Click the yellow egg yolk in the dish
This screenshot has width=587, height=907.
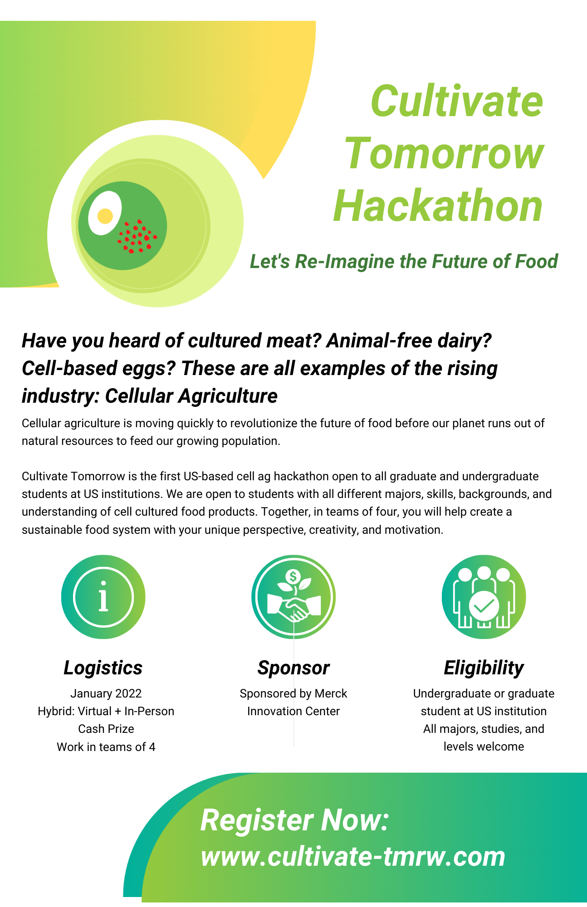tap(105, 216)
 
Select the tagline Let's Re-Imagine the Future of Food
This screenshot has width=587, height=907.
tap(404, 261)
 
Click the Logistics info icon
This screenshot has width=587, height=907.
tap(103, 597)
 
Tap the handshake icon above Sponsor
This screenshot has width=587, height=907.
tap(293, 597)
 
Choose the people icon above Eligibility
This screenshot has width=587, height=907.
tap(484, 597)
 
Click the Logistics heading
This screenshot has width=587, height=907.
tap(103, 668)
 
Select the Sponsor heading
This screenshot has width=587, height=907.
tap(293, 668)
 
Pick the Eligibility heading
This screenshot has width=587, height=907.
tap(484, 668)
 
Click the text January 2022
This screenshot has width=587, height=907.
tap(106, 693)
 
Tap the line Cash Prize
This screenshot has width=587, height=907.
tap(106, 729)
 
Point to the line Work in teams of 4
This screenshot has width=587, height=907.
tap(106, 747)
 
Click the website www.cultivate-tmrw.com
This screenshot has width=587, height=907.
tap(353, 857)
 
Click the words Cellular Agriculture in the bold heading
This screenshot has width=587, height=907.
tap(191, 396)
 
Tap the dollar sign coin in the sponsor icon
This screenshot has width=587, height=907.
tap(293, 577)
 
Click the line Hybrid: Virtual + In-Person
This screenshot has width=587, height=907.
tap(106, 711)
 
